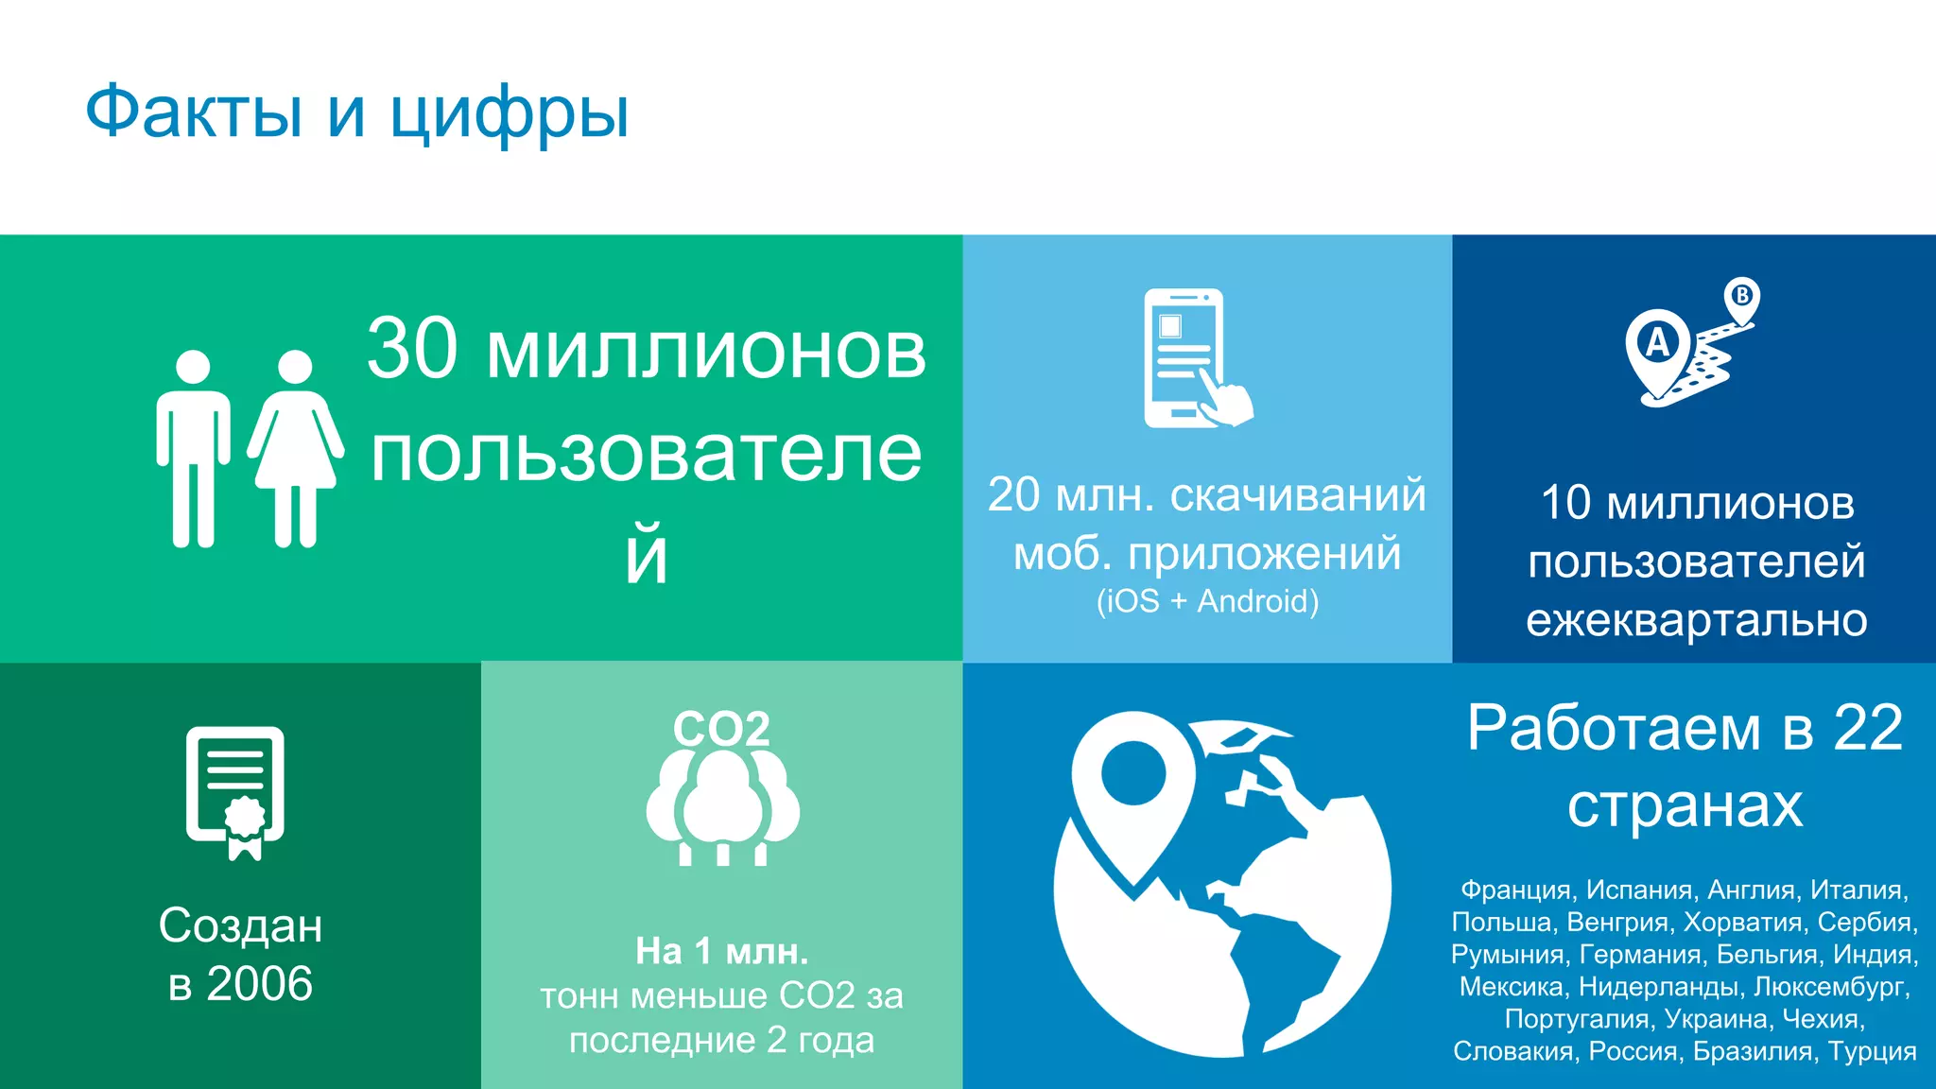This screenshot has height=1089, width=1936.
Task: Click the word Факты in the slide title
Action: [x=194, y=112]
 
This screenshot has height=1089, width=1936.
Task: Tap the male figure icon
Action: [x=193, y=448]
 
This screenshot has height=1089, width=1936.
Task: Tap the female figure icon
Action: [x=295, y=448]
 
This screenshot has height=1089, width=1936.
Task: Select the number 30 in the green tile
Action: [x=412, y=350]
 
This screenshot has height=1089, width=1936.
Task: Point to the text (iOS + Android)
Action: [x=1207, y=601]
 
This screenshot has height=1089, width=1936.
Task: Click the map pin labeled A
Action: [x=1658, y=347]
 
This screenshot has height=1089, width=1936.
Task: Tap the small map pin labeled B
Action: [x=1741, y=297]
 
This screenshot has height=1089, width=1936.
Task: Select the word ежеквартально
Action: [x=1696, y=620]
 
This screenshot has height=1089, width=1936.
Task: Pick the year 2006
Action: [x=259, y=984]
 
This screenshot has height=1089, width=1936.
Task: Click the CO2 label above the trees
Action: [x=721, y=729]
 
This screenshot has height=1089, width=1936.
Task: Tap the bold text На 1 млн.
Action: [x=721, y=951]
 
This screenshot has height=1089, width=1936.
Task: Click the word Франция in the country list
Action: [x=1515, y=890]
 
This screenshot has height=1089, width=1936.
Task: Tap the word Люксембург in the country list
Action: [x=1831, y=987]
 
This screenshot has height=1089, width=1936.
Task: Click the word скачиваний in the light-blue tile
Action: [x=1298, y=495]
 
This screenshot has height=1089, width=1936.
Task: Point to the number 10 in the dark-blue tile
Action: [x=1565, y=503]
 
